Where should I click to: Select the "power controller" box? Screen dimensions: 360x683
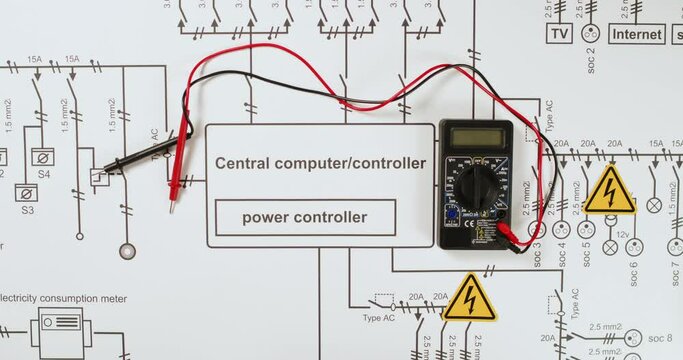305,217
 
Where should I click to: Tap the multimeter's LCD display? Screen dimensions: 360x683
476,138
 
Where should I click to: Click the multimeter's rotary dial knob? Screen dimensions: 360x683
478,185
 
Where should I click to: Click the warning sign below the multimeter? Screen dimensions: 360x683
469,298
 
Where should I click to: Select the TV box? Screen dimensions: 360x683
559,33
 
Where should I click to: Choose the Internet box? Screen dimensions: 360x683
636,33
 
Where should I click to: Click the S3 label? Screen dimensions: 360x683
27,210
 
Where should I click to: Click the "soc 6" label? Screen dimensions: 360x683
633,273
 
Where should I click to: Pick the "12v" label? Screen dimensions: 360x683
621,234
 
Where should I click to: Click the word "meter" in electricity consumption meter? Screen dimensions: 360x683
111,298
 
